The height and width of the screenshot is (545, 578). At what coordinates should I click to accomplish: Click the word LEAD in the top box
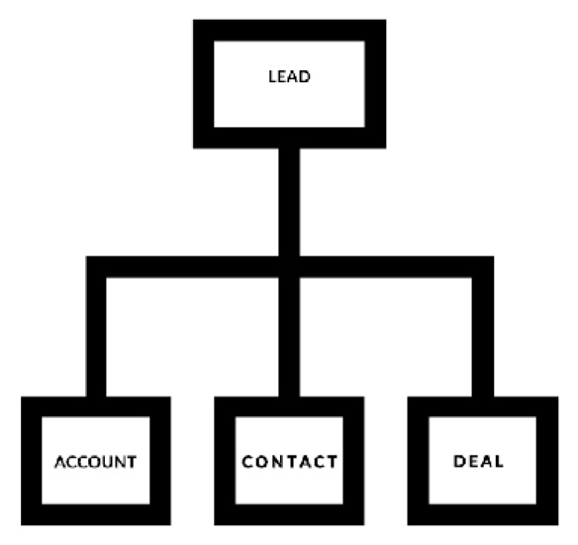289,76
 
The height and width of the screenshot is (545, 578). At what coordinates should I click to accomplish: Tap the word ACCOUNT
95,462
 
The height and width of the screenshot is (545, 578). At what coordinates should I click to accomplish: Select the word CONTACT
289,462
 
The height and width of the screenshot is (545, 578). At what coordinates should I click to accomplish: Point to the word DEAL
478,461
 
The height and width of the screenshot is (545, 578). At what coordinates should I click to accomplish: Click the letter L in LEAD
272,76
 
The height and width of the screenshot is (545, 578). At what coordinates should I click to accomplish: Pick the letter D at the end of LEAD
305,76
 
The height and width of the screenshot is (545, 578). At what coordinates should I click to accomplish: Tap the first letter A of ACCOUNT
60,462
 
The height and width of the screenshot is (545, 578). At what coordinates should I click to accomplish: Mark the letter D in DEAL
459,461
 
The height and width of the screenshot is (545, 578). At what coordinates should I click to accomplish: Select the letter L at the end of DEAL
499,461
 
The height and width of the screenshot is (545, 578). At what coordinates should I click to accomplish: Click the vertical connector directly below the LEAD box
289,202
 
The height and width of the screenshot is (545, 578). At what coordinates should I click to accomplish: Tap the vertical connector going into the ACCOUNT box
96,337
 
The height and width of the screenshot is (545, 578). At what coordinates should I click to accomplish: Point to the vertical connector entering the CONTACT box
289,337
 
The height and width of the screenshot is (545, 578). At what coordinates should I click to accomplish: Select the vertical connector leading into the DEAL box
483,337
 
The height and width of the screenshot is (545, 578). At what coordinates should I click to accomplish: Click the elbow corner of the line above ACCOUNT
96,267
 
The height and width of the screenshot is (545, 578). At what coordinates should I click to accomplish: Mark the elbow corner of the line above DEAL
483,267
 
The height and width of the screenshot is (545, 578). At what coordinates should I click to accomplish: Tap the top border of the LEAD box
290,31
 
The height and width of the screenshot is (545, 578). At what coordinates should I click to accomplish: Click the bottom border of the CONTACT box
289,514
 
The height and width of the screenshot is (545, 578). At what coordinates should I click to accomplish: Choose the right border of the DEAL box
547,461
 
